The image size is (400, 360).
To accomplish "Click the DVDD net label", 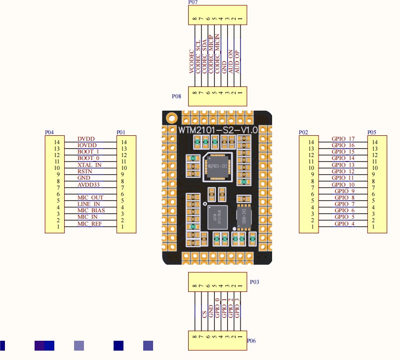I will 86,139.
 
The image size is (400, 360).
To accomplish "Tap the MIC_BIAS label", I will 91,211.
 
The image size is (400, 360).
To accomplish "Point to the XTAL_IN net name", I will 89,165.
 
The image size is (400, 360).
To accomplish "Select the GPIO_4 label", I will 344,224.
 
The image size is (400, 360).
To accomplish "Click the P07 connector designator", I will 194,2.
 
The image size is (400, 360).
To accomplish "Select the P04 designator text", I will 49,132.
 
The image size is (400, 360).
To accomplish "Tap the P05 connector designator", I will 372,132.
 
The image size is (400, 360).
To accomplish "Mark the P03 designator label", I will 254,282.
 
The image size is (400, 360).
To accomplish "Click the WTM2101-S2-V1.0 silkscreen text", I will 218,130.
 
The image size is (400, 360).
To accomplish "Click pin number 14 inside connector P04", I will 58,142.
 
